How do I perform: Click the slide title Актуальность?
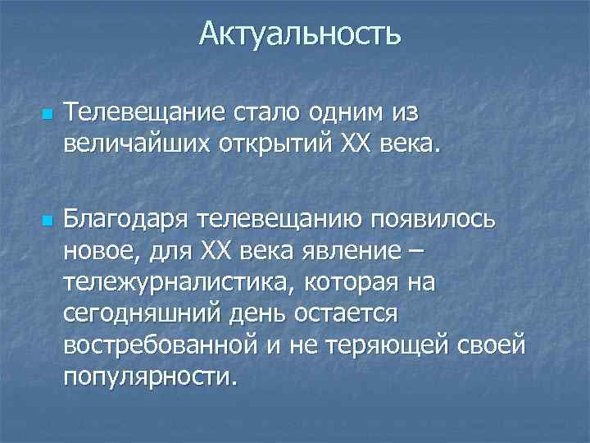point(299,34)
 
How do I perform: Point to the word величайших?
point(131,145)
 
